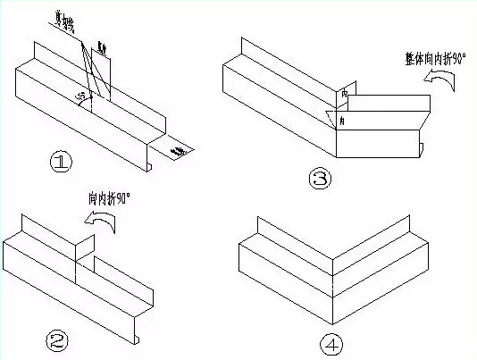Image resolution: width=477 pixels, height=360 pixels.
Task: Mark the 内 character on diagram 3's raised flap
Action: (x=346, y=94)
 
